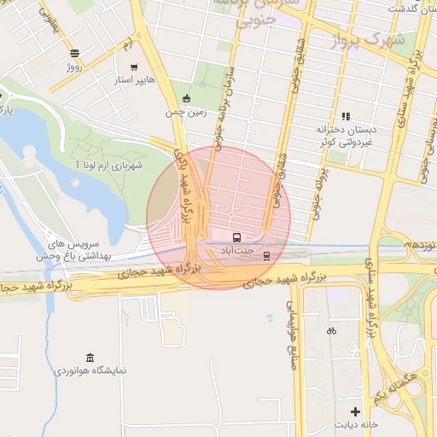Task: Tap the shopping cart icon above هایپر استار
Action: tap(134, 67)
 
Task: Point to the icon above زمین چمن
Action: tap(187, 97)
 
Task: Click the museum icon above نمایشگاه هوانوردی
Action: tap(90, 358)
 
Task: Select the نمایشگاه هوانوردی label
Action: tap(90, 371)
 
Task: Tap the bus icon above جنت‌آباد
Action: tap(236, 237)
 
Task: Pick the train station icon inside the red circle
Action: tap(266, 254)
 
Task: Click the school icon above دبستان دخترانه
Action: tap(346, 116)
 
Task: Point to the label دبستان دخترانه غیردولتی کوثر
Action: tap(346, 137)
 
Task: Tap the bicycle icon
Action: tap(331, 330)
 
